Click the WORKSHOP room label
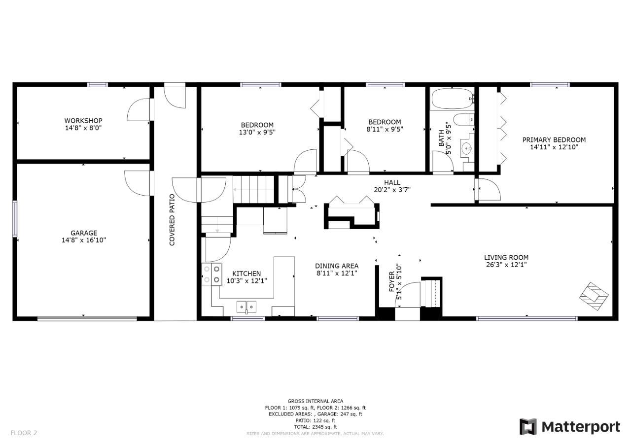tap(83, 121)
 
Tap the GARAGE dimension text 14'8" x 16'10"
tap(84, 240)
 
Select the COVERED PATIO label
tap(172, 220)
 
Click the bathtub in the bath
tap(452, 99)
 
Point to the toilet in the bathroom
tap(464, 120)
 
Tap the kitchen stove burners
tap(211, 274)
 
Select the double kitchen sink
tap(246, 307)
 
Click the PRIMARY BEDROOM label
tap(554, 140)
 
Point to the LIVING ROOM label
tap(506, 257)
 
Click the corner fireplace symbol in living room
tap(594, 296)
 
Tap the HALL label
tap(392, 183)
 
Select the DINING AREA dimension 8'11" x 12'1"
tap(337, 273)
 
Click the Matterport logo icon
tap(528, 427)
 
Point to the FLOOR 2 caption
tap(24, 433)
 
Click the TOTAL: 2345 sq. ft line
tap(315, 427)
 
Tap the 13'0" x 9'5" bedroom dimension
tap(257, 132)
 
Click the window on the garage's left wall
tap(15, 218)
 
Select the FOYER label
tap(391, 281)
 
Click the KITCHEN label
tap(246, 274)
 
